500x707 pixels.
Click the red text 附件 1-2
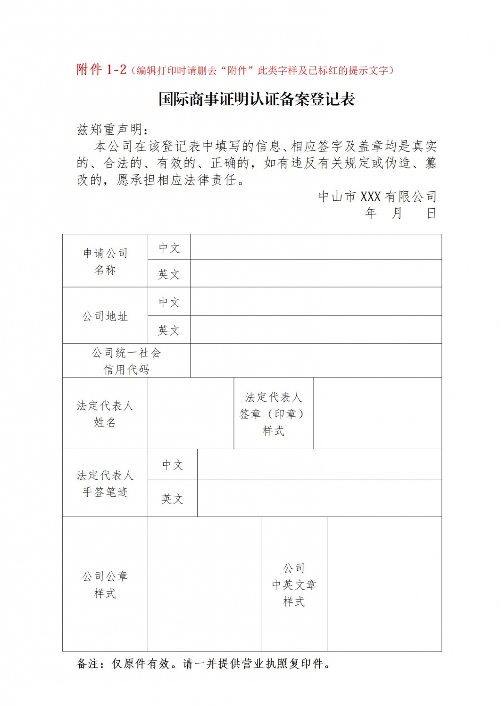click(101, 70)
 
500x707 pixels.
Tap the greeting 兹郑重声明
click(112, 129)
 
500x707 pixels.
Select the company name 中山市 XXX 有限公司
click(377, 197)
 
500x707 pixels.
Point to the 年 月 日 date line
click(400, 214)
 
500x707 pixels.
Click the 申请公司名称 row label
click(105, 261)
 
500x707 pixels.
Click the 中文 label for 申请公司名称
click(169, 247)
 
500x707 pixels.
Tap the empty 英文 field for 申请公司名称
click(316, 274)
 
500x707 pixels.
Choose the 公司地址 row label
click(105, 316)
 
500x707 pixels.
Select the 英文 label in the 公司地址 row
click(169, 330)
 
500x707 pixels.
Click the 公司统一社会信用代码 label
click(126, 361)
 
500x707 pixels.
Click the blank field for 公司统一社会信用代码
click(316, 361)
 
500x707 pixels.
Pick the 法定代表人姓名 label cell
click(105, 413)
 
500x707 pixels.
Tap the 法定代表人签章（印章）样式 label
click(274, 413)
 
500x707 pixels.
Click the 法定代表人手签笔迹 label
click(105, 483)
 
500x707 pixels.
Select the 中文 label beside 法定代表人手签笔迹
click(172, 465)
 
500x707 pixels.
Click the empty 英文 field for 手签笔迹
click(319, 498)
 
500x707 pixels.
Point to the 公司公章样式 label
click(105, 584)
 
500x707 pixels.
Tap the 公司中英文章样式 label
click(294, 584)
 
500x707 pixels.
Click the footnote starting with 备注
click(204, 664)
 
